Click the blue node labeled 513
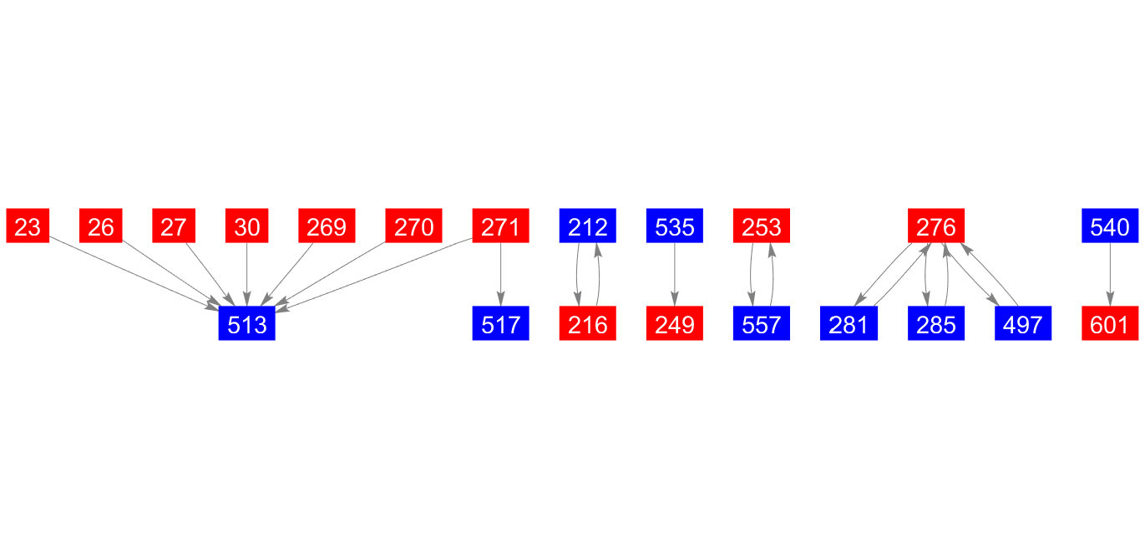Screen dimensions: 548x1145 (246, 324)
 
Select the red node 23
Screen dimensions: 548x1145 (28, 226)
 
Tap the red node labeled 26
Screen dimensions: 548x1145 (101, 226)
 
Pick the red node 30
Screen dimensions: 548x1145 (246, 226)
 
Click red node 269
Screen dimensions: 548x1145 (327, 226)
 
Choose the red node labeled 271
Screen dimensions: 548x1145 (500, 226)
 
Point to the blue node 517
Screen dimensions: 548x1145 (500, 324)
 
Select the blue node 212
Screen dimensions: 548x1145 (587, 226)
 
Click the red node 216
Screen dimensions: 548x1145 (587, 324)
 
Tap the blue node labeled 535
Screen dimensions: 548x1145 (674, 226)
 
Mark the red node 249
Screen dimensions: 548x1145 (674, 324)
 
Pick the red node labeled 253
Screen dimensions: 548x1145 (761, 226)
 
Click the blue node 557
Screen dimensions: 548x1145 (761, 324)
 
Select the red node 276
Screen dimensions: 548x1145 (935, 226)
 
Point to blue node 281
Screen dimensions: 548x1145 (849, 324)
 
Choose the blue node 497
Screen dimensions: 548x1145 (1022, 324)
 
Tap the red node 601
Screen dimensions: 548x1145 (1109, 324)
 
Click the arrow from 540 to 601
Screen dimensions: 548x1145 (1109, 275)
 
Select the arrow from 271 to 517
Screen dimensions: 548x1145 (500, 275)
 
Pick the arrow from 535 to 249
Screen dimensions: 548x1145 (674, 275)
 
